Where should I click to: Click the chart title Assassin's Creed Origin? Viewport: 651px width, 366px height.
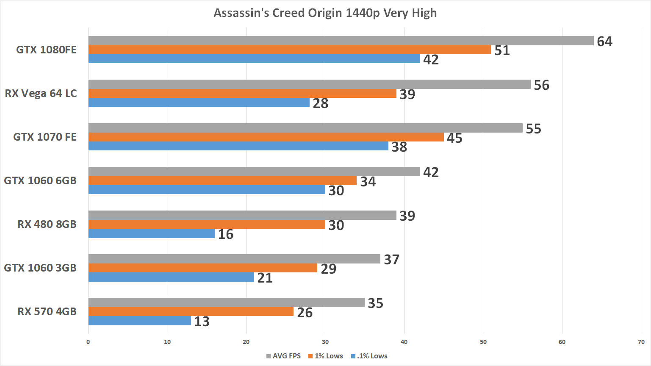[325, 13]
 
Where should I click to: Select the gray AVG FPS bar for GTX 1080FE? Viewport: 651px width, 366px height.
[341, 41]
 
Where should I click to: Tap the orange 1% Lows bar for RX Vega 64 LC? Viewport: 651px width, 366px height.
[242, 93]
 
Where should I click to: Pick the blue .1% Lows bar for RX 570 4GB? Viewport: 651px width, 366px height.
[140, 321]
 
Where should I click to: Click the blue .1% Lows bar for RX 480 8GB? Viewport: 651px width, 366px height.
[152, 233]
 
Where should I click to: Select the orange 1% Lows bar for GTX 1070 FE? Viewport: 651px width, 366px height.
[266, 137]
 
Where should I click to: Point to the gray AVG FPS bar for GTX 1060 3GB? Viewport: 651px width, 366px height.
[234, 259]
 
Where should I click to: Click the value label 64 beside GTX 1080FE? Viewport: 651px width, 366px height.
[604, 42]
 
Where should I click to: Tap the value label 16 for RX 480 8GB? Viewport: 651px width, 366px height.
[226, 234]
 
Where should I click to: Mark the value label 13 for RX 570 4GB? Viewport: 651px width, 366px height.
[202, 322]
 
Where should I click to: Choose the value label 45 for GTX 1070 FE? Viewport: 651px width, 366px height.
[454, 138]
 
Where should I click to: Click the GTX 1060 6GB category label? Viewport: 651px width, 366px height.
[40, 181]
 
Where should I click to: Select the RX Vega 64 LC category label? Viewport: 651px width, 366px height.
[41, 94]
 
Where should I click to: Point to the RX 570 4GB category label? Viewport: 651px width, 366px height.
[47, 312]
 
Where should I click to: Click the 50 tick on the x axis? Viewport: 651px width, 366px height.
[483, 342]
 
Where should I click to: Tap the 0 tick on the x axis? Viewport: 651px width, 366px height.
[88, 342]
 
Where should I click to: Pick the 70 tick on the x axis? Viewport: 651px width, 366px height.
[641, 342]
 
